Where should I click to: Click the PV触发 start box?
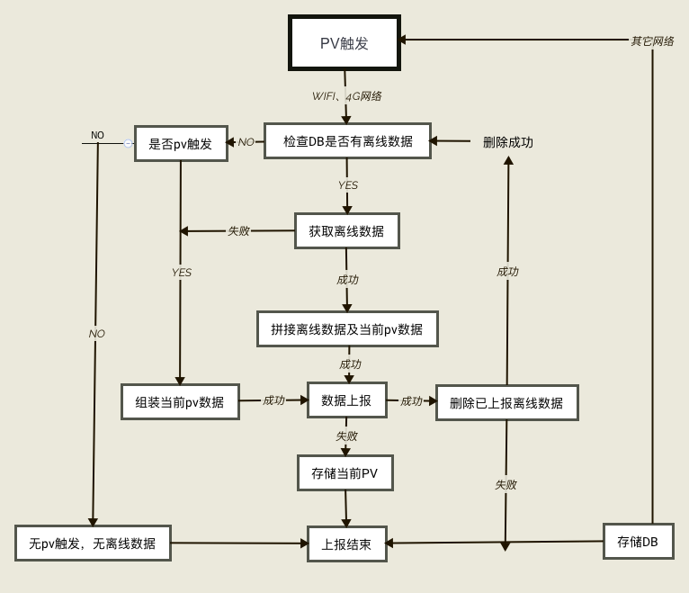tap(344, 42)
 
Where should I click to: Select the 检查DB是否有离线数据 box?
tap(347, 141)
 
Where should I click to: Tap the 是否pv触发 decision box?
tap(181, 143)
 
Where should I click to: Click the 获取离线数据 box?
tap(346, 231)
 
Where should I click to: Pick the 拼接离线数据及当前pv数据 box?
tap(347, 329)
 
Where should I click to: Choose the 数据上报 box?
tap(346, 400)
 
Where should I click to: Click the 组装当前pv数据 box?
tap(180, 402)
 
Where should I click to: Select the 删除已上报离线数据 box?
tap(506, 403)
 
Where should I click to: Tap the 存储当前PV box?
tap(344, 473)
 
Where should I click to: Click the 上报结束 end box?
tap(346, 544)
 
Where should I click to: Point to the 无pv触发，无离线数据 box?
tap(93, 544)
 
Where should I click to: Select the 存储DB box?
tap(638, 542)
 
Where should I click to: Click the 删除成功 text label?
tap(508, 142)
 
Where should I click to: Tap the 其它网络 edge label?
tap(651, 40)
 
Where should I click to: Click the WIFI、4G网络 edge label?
tap(346, 96)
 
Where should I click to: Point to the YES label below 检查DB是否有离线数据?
tap(347, 185)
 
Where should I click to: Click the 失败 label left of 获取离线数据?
tap(238, 231)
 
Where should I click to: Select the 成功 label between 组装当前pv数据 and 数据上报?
tap(273, 400)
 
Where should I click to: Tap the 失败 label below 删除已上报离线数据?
tap(506, 485)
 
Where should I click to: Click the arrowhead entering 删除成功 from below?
tap(508, 161)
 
